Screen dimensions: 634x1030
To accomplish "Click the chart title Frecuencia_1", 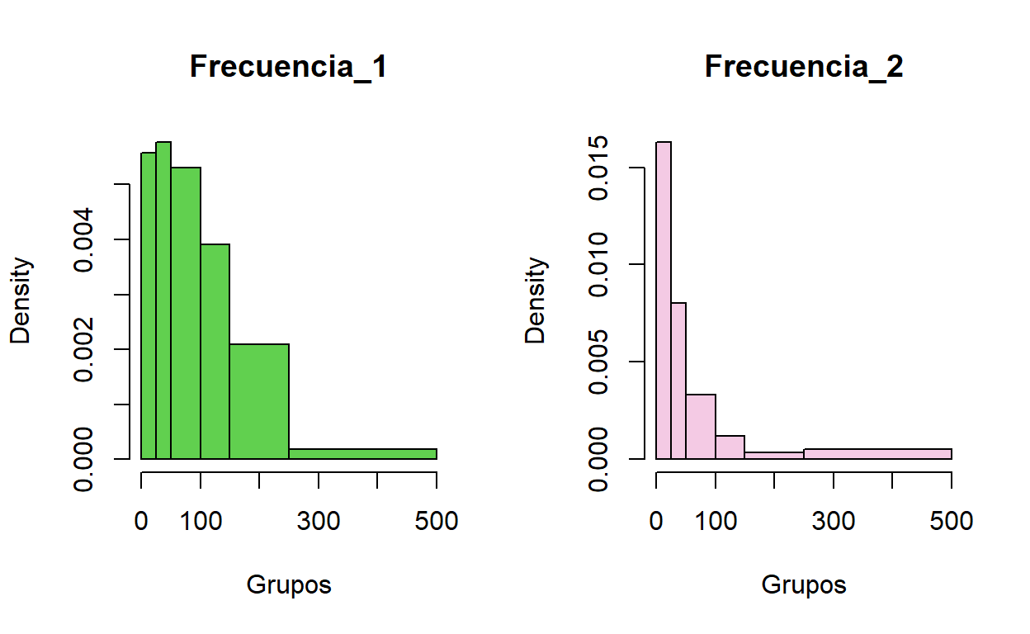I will click(288, 67).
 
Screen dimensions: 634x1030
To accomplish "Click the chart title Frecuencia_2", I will click(803, 67).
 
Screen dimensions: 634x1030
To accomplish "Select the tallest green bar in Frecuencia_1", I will click(163, 300).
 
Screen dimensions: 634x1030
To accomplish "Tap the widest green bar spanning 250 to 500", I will click(362, 454).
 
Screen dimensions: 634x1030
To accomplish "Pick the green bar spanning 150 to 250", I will click(259, 401).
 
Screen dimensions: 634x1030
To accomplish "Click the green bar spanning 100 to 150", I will click(215, 352).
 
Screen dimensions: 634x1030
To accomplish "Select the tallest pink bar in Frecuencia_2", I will click(664, 300).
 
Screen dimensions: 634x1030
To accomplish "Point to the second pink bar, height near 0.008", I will click(678, 381).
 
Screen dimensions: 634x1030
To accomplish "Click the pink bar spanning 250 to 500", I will click(877, 454).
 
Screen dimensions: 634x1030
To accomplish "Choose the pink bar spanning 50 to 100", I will click(701, 427).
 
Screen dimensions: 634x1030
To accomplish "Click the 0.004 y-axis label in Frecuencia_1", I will click(85, 239).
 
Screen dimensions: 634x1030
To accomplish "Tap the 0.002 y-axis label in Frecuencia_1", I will click(85, 349).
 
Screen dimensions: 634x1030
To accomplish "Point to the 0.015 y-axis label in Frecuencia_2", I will click(600, 168).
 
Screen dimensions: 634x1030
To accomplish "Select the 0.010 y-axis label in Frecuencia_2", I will click(600, 264).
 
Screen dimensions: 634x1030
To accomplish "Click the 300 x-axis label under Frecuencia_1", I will click(319, 521).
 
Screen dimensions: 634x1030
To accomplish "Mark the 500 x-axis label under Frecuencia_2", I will click(951, 521).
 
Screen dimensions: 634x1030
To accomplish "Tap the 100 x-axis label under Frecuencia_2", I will click(716, 521).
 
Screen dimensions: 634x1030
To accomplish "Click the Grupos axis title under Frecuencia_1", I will click(289, 585).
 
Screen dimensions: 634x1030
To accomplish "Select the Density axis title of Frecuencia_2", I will click(537, 300).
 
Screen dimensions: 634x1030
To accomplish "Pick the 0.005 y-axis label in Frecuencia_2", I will click(600, 362).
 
